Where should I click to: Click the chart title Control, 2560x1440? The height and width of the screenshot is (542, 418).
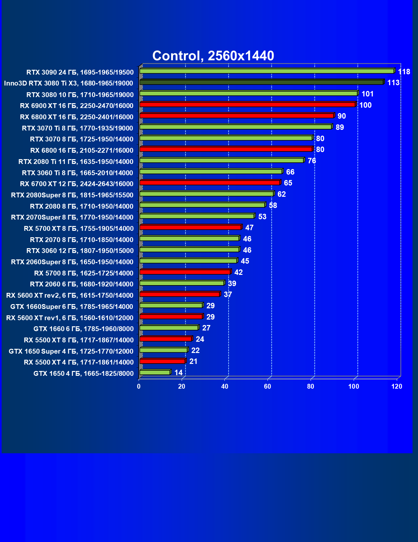point(213,56)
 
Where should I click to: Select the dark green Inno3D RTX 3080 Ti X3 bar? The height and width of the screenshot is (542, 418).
point(261,82)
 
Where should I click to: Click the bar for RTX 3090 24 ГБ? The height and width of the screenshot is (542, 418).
point(267,71)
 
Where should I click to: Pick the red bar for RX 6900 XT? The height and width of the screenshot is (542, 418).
point(248,104)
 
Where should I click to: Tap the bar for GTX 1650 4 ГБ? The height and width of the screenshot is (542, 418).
point(155,372)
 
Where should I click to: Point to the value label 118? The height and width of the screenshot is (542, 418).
point(404,72)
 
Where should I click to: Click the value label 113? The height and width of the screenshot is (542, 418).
point(393,83)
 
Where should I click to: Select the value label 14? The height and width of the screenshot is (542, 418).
point(178,373)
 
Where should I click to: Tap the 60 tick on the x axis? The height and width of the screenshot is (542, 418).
point(268,386)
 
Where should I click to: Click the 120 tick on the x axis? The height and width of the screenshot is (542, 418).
point(397,386)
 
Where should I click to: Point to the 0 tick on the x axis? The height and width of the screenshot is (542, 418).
point(139,386)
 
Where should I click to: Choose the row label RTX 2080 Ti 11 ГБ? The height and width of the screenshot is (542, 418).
point(76,161)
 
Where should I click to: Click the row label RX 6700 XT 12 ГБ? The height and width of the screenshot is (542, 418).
point(77,184)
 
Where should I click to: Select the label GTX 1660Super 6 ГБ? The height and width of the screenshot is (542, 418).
point(72,306)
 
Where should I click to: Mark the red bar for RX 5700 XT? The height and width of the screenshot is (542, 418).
point(190,227)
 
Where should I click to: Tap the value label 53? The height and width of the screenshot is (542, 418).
point(262,217)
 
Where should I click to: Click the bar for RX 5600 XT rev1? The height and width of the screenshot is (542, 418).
point(171,317)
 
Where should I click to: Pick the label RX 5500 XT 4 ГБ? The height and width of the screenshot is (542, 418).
point(79,362)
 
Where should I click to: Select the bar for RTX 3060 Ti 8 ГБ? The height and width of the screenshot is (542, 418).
point(211,171)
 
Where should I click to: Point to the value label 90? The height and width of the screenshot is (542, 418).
point(341,116)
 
